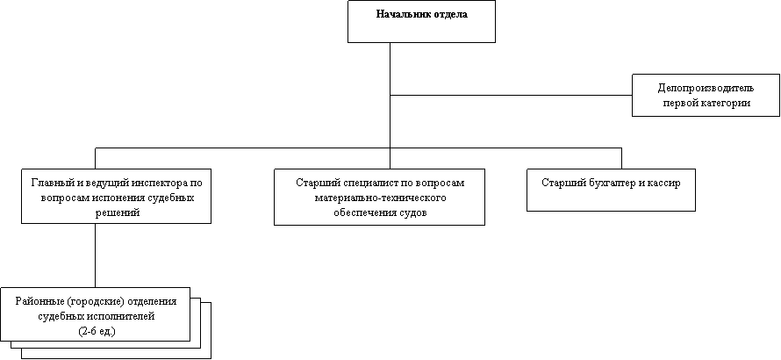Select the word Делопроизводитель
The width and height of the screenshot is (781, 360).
[706, 89]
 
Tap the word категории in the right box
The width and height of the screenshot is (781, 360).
[727, 104]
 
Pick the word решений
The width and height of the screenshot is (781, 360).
[117, 212]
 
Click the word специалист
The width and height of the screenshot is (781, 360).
[362, 183]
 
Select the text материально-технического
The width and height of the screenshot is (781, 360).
[380, 198]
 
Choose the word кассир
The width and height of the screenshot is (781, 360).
[663, 183]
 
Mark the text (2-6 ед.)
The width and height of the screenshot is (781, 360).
[97, 332]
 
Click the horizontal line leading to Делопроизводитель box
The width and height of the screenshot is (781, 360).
[511, 95]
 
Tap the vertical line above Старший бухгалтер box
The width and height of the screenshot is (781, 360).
[621, 159]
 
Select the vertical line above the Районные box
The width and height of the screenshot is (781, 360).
[95, 256]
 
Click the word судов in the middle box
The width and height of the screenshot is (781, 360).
[414, 212]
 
